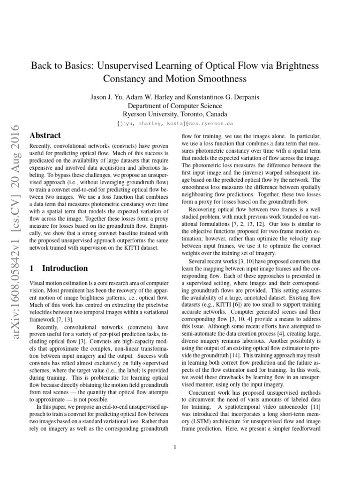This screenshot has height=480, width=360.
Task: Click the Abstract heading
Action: pyautogui.click(x=45, y=135)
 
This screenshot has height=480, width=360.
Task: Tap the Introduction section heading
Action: pyautogui.click(x=65, y=268)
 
